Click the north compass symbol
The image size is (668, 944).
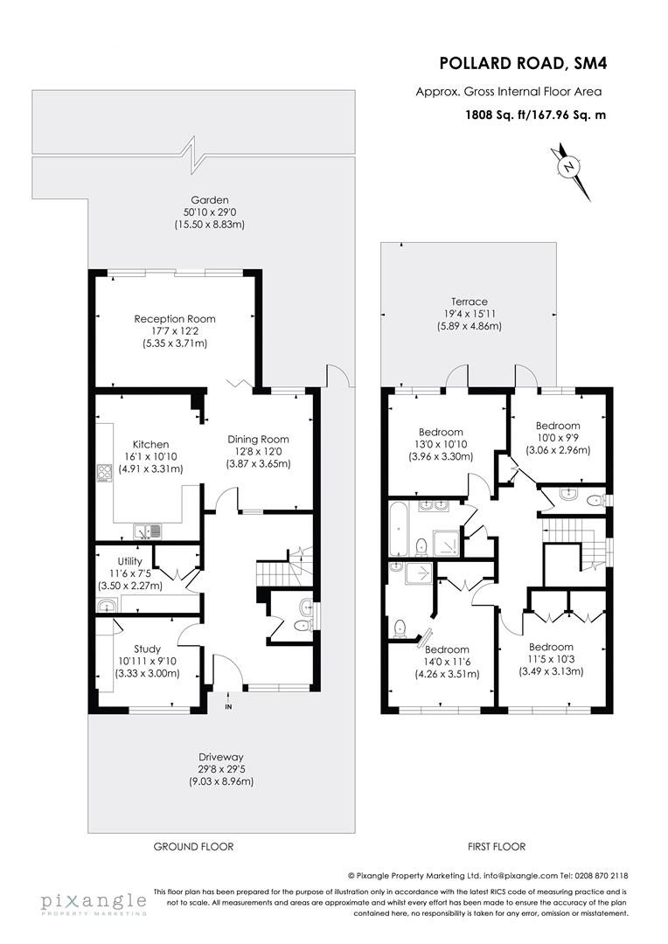click(569, 167)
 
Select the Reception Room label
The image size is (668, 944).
click(175, 319)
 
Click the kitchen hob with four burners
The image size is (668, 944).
click(104, 474)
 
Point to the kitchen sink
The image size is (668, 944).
click(145, 531)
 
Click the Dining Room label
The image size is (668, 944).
click(258, 439)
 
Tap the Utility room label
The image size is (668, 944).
click(111, 561)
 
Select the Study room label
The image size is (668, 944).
click(148, 649)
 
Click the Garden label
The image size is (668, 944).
click(191, 199)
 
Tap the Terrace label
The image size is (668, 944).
click(470, 302)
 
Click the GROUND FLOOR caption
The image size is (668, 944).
click(193, 847)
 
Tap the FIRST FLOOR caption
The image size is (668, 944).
click(495, 847)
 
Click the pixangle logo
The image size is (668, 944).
click(94, 902)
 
